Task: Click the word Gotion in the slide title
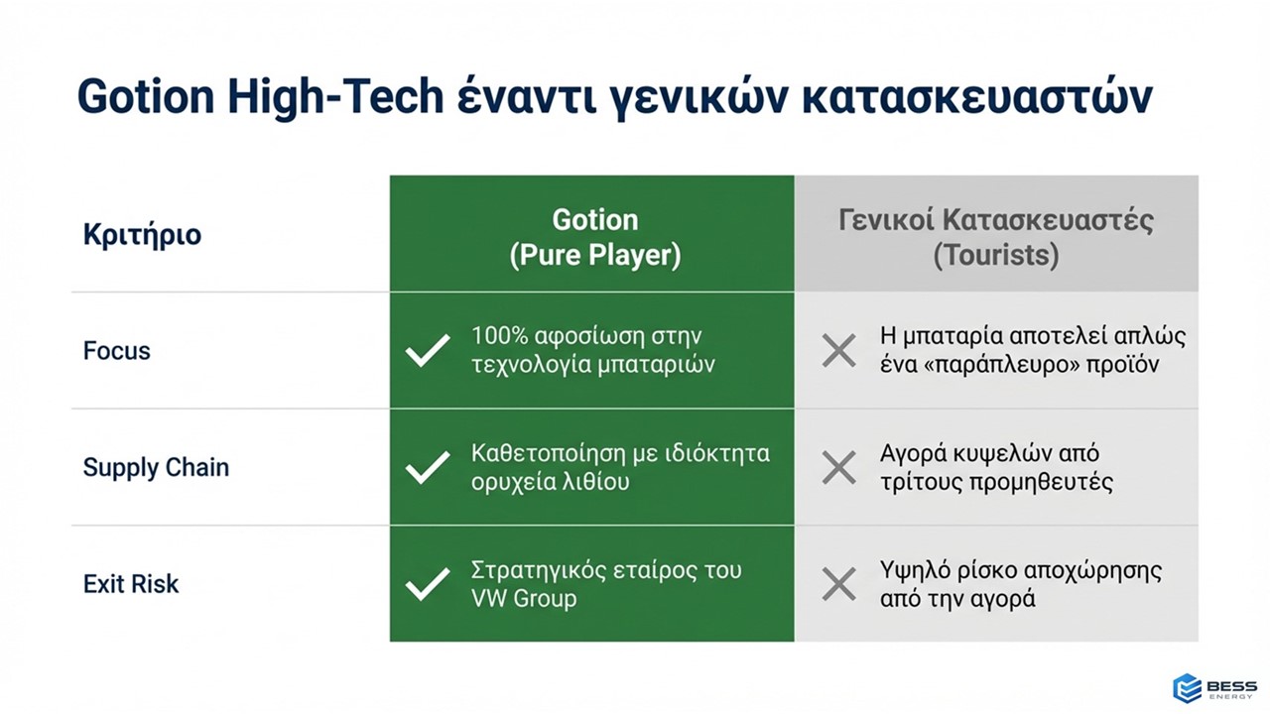(x=146, y=96)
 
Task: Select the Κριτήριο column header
(x=142, y=235)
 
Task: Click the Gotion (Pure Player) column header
(x=594, y=237)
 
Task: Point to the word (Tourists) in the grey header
(x=996, y=255)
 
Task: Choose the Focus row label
(x=117, y=351)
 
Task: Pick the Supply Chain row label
(x=156, y=468)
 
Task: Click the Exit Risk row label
(x=131, y=584)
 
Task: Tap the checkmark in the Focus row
(x=428, y=350)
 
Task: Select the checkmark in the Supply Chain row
(x=428, y=467)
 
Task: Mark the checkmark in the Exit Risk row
(x=428, y=584)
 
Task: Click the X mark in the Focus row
(x=839, y=351)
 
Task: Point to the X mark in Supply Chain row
(x=839, y=467)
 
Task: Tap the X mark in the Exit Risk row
(x=839, y=584)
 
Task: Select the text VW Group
(x=524, y=598)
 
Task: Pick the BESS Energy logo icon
(x=1187, y=688)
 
